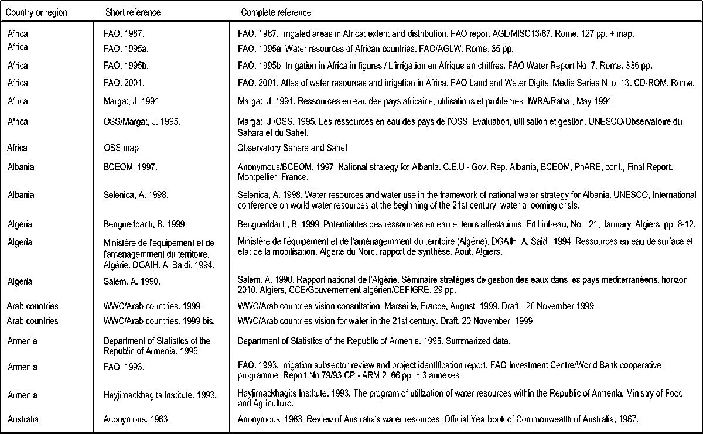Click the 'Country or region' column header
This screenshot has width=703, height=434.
click(x=37, y=12)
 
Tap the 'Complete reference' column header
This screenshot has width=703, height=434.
click(x=276, y=12)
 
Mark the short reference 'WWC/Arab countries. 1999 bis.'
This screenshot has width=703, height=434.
click(x=153, y=321)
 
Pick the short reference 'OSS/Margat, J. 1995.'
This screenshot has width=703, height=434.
click(x=139, y=121)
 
